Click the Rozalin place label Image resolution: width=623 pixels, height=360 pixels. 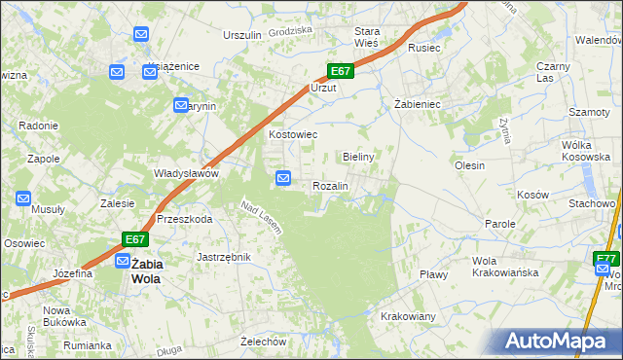click(x=331, y=185)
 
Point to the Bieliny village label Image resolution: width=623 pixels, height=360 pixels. click(x=359, y=156)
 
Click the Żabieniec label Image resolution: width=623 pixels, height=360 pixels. click(x=418, y=103)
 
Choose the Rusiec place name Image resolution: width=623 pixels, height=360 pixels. click(x=424, y=47)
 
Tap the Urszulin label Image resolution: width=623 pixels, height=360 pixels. click(x=242, y=35)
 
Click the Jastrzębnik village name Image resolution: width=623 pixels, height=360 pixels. click(x=224, y=257)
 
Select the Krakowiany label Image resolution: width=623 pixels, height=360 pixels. click(x=408, y=317)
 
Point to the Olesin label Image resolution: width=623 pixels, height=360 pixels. click(x=469, y=165)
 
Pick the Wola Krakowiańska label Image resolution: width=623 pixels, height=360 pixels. click(x=505, y=267)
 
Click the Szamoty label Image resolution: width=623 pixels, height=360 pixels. click(x=589, y=112)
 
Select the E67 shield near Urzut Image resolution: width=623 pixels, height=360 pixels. click(x=340, y=71)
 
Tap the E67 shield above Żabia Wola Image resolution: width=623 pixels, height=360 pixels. click(x=135, y=239)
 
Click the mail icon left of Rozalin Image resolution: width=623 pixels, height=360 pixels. click(x=283, y=178)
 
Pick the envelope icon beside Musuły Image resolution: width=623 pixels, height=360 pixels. click(x=23, y=198)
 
